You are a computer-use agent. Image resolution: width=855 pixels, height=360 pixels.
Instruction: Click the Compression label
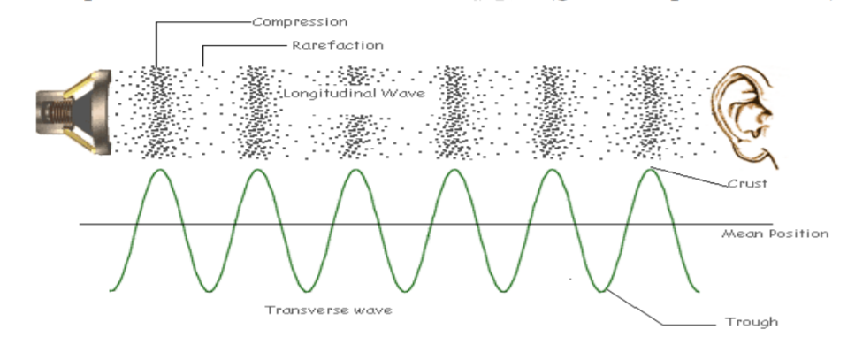(300, 21)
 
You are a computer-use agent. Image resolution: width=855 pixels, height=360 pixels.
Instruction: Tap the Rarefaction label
(337, 44)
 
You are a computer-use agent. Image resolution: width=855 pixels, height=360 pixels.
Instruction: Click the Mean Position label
(775, 234)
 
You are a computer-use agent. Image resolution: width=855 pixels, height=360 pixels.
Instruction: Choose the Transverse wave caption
(317, 310)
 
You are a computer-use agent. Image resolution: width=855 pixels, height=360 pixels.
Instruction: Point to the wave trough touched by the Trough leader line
(601, 291)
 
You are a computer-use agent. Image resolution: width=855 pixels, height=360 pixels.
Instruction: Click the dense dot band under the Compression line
(157, 111)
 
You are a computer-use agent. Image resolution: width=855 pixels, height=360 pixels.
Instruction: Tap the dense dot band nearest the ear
(652, 111)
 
